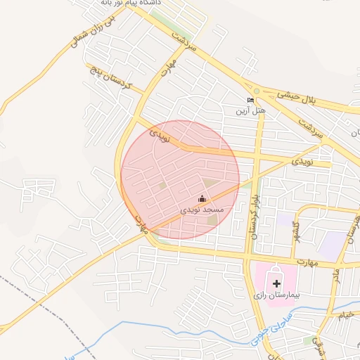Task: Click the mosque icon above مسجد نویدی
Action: (202, 199)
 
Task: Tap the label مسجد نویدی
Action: (202, 210)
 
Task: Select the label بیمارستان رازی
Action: (277, 296)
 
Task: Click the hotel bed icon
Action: (250, 101)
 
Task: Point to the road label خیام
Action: (345, 316)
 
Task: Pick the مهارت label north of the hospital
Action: (307, 262)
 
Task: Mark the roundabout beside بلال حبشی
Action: (257, 91)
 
